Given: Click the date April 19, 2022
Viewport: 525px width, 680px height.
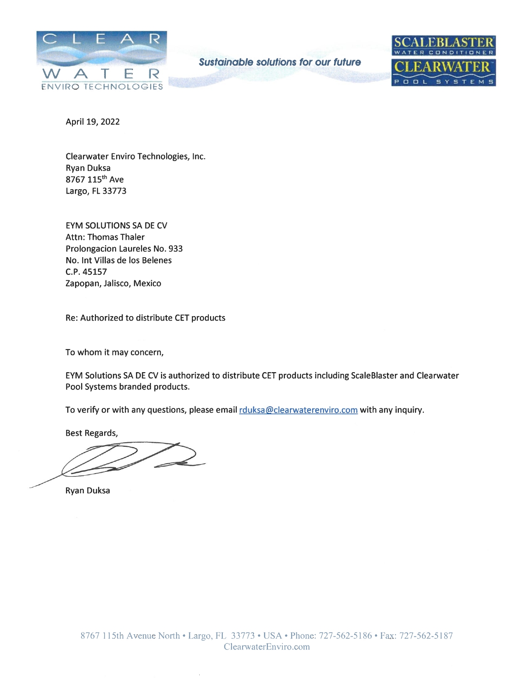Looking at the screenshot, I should (x=93, y=122).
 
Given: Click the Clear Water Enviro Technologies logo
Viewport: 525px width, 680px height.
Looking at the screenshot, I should (x=102, y=61).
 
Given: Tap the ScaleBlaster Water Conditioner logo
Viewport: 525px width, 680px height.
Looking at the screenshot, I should (x=443, y=45).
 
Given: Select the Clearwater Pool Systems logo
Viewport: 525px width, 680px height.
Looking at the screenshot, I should (x=443, y=73).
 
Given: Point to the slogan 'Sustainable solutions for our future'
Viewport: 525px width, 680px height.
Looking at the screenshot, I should (x=280, y=62).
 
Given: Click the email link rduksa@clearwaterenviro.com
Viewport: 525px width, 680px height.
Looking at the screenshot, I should (x=298, y=410).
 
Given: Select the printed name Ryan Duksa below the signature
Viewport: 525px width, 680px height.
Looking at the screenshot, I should (x=88, y=491).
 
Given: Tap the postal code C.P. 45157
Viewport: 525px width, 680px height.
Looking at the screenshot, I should (x=86, y=272).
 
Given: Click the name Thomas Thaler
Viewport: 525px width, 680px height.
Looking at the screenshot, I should (x=116, y=237).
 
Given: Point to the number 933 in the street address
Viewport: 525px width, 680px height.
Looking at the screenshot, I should (x=175, y=249).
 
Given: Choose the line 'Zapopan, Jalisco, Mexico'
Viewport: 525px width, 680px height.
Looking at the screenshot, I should (x=113, y=284).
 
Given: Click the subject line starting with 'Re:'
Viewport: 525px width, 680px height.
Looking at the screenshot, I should (x=145, y=318).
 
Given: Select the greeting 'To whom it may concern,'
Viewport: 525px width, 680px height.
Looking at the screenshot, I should (x=114, y=353).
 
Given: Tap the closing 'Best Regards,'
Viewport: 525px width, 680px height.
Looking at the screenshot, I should (x=91, y=433).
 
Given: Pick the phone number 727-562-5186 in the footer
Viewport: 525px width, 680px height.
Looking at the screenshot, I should (x=345, y=636).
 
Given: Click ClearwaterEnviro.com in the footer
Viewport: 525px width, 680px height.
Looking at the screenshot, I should (x=266, y=647).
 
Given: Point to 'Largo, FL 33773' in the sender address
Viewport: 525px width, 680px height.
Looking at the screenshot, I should (x=96, y=191).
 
